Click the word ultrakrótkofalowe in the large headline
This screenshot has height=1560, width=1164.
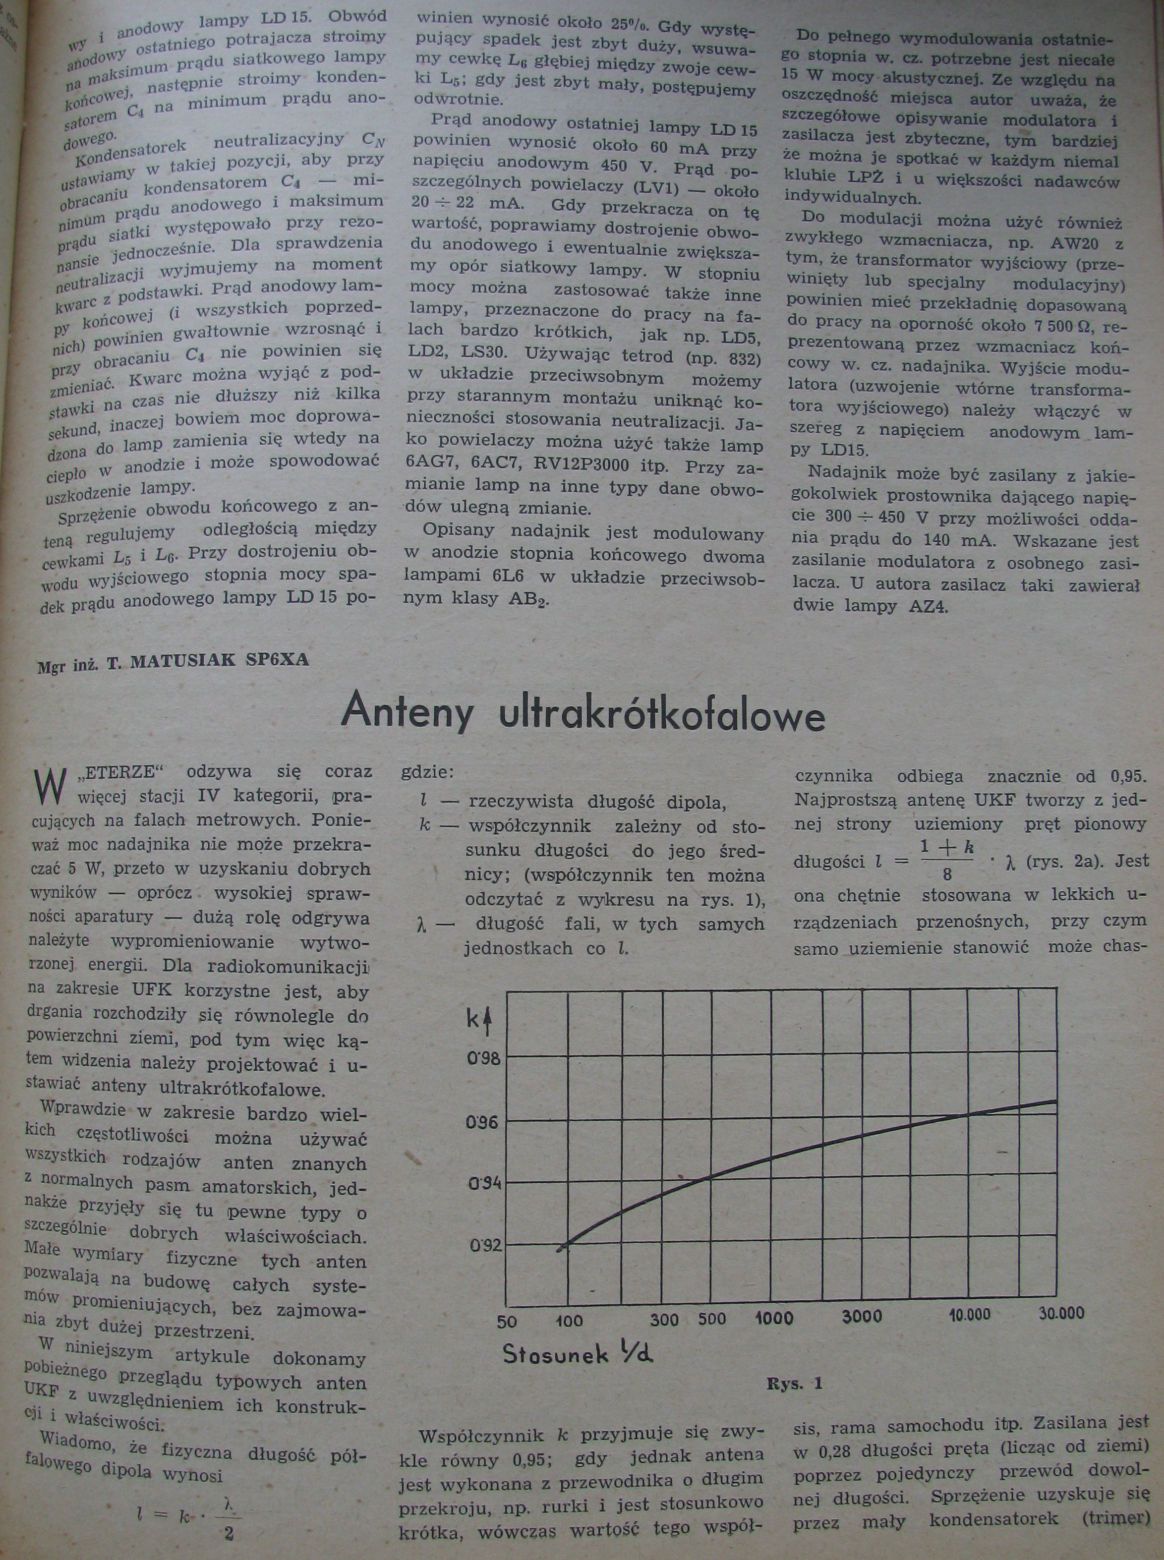(661, 715)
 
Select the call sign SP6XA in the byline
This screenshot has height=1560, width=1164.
(277, 660)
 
